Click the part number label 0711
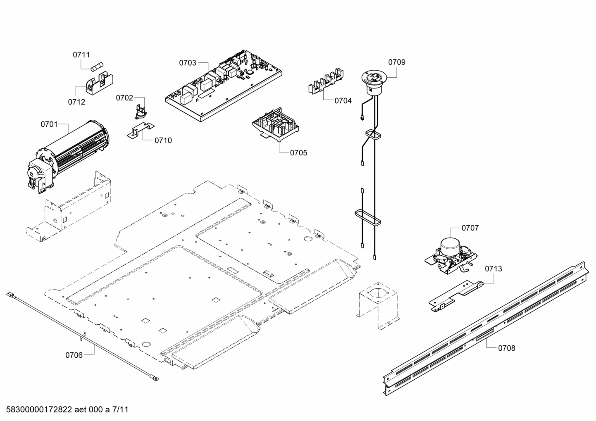[x=81, y=55]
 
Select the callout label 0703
[x=187, y=63]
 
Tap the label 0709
[x=396, y=62]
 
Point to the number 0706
[x=74, y=354]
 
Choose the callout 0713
[x=493, y=269]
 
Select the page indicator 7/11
[x=120, y=410]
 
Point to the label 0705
[x=298, y=153]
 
